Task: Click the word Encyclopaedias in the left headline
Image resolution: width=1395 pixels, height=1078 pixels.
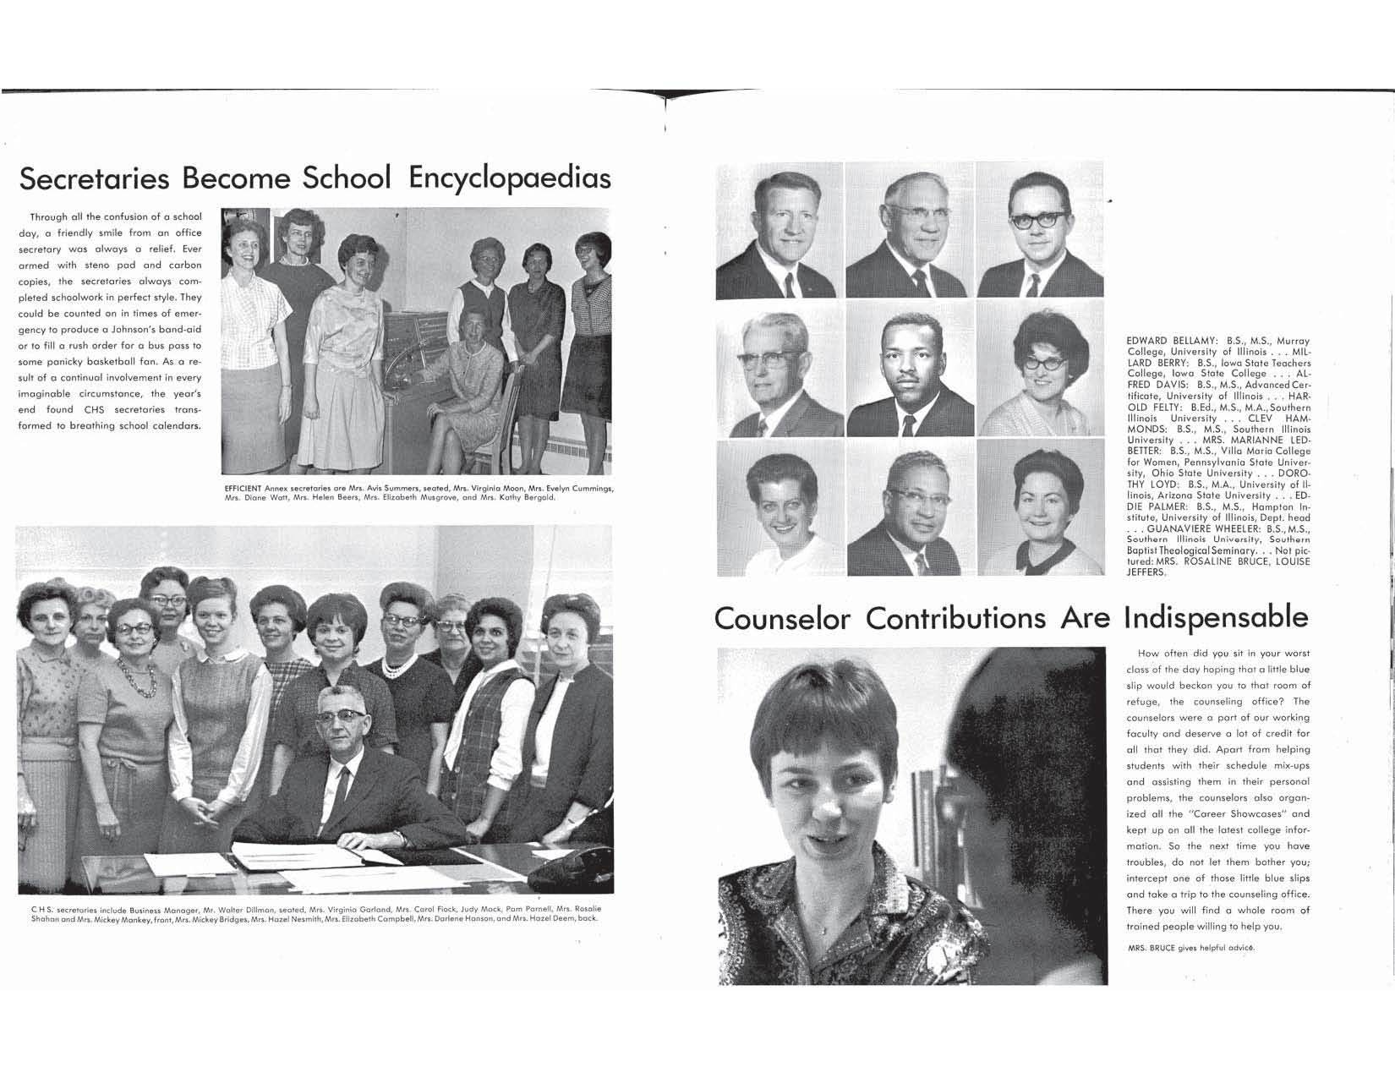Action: point(510,178)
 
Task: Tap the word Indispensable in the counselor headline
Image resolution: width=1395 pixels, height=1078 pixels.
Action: point(1216,618)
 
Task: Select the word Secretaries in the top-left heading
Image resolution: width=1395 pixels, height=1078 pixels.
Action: point(96,178)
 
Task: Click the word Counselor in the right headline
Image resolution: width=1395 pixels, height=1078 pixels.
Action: point(783,618)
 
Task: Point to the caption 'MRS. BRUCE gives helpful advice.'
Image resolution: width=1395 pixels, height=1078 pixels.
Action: point(1191,948)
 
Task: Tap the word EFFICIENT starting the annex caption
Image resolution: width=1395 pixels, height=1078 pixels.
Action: point(243,489)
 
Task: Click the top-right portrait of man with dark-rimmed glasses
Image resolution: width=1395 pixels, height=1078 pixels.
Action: point(1040,230)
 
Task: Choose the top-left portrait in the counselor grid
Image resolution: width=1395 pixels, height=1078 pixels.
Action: point(779,230)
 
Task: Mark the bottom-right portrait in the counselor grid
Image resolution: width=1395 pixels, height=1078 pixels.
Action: point(1040,507)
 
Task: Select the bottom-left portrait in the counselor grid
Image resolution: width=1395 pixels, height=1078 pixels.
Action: point(779,507)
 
